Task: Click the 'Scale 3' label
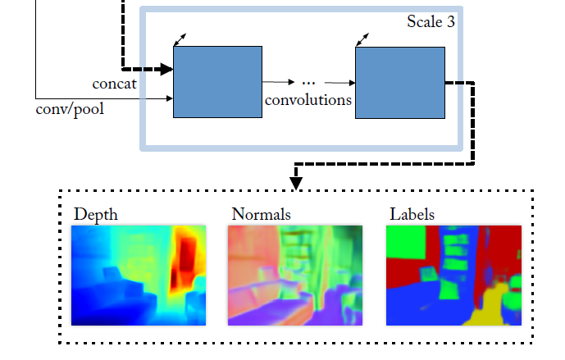click(x=431, y=21)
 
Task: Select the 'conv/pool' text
click(x=71, y=107)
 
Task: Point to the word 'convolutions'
click(x=308, y=100)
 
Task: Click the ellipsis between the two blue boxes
click(x=309, y=82)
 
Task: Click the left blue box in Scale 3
click(x=217, y=82)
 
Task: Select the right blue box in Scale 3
click(x=399, y=82)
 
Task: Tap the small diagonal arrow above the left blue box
click(x=180, y=38)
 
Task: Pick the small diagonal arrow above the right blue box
click(x=362, y=38)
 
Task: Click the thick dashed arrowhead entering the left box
click(x=166, y=70)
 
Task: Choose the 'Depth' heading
click(x=96, y=215)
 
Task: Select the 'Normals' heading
click(x=261, y=215)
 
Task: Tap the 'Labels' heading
click(x=412, y=215)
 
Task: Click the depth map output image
click(x=138, y=275)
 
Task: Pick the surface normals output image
click(x=294, y=275)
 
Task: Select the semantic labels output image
click(x=453, y=275)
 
